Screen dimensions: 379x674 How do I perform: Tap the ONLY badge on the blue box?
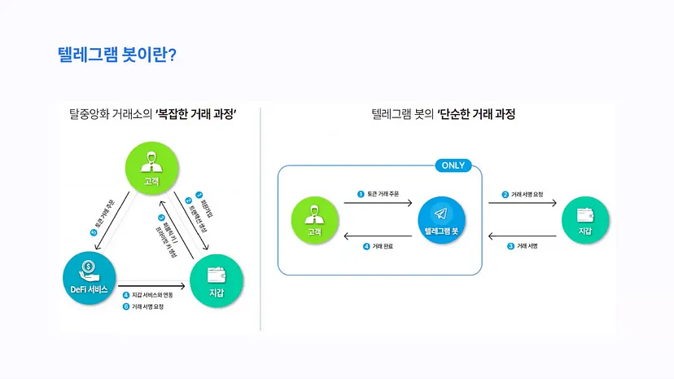coord(453,165)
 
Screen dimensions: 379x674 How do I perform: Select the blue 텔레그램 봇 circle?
coord(441,219)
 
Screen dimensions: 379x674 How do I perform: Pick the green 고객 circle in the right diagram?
coord(314,219)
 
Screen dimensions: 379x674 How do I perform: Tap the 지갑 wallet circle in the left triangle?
coord(217,281)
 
